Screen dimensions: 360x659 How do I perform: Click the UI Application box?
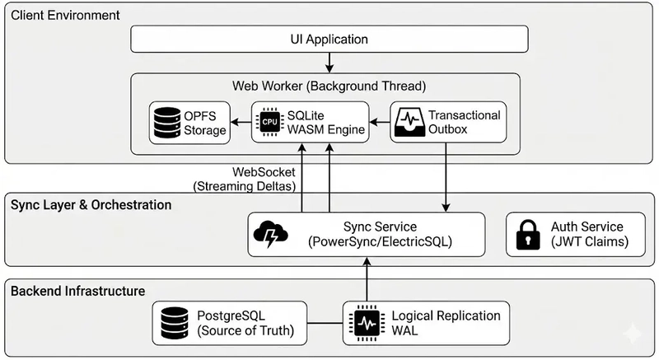(329, 39)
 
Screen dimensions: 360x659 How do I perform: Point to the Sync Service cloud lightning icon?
(271, 234)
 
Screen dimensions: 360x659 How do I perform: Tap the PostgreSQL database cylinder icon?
(173, 323)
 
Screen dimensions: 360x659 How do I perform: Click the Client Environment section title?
(66, 16)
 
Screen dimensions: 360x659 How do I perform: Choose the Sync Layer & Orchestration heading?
(91, 204)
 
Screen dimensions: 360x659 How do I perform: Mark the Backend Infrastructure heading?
(78, 291)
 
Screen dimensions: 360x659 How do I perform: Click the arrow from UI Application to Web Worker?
(329, 63)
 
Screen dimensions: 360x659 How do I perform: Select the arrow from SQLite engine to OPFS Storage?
(241, 123)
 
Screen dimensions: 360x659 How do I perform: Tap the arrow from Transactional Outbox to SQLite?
(379, 123)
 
